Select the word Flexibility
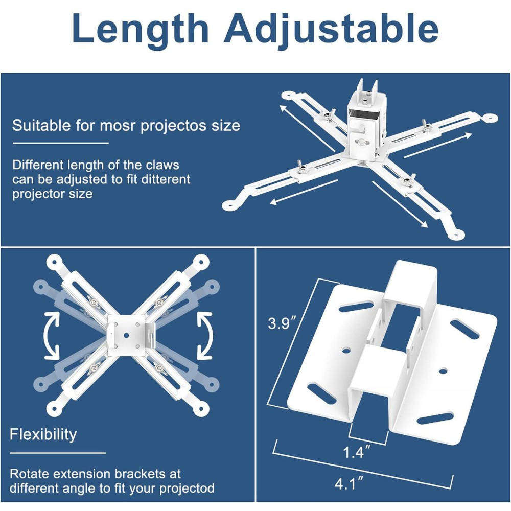(x=43, y=434)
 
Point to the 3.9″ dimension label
(x=283, y=323)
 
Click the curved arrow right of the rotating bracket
(x=204, y=336)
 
